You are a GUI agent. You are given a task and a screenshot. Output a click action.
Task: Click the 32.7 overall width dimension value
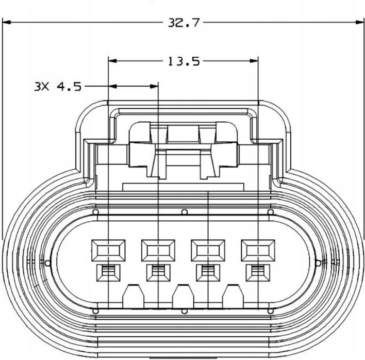183,23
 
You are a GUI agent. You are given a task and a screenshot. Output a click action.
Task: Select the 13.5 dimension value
183,61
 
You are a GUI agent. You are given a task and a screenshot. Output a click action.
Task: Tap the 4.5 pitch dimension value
69,86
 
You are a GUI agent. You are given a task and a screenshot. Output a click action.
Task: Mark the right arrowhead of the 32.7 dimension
360,22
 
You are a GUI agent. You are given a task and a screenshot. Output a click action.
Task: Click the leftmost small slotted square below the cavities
108,272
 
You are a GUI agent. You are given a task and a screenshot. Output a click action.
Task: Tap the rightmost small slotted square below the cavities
257,272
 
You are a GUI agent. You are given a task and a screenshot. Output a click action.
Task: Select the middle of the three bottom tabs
184,297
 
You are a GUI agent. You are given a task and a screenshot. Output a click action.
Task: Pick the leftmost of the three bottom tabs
134,297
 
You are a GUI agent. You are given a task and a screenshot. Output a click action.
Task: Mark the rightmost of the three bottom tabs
233,297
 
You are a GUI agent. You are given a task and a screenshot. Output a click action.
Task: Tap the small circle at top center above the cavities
184,212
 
